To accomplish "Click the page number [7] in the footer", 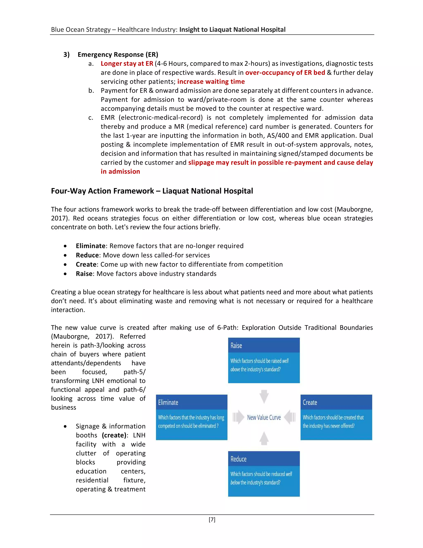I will (212, 519).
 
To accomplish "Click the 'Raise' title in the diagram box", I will (236, 346).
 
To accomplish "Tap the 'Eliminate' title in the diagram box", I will (168, 402).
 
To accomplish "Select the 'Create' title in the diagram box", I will (310, 402).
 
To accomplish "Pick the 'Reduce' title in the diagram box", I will (238, 459).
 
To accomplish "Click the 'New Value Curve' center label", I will (264, 418).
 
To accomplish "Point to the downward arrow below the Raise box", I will (264, 396).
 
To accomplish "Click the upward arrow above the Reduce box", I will (264, 438).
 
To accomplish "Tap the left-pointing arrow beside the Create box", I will (290, 417).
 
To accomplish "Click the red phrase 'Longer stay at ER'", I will (127, 63).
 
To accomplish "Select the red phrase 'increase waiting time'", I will (211, 81).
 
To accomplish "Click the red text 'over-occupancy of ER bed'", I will (285, 73).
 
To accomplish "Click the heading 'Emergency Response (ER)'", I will (118, 54).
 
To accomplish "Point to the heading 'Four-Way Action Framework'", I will (102, 191).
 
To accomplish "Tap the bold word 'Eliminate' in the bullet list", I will (90, 246).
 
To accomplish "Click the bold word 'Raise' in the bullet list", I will (84, 274).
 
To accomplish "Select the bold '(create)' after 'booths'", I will (114, 435).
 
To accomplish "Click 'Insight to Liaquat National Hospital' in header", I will (232, 30).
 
